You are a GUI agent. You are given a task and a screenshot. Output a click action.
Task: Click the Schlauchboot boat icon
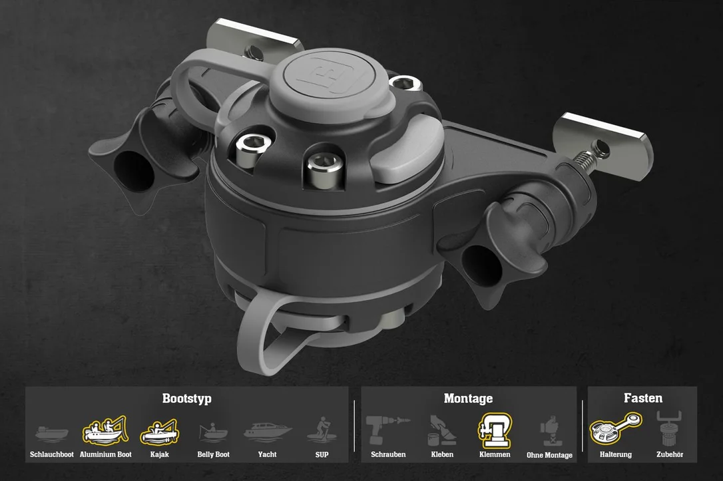[52, 433]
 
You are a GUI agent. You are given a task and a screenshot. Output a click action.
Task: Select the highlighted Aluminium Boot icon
[105, 431]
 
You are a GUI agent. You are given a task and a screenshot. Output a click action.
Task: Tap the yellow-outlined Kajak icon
[160, 432]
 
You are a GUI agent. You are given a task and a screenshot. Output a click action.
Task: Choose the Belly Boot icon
[213, 432]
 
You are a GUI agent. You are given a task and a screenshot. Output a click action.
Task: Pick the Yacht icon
[268, 431]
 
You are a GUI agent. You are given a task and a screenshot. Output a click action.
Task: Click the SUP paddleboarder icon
[322, 430]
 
